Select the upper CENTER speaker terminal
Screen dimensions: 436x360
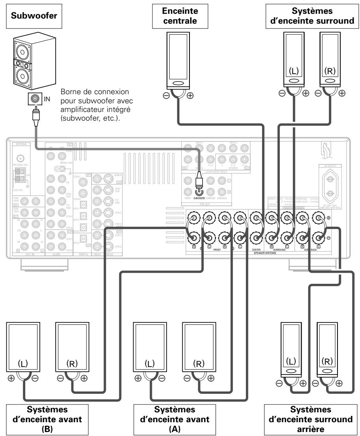click(256, 219)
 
